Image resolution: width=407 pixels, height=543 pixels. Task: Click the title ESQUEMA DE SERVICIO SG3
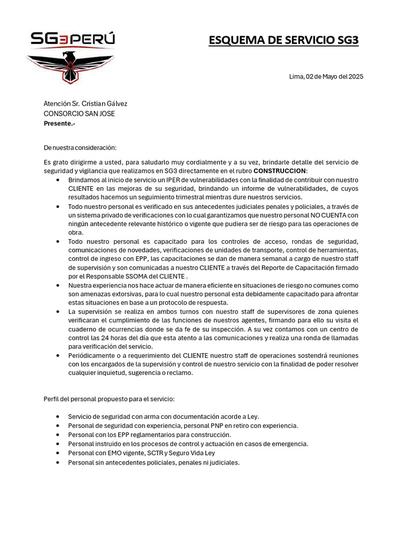pos(284,40)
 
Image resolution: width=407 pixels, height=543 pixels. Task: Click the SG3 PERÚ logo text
pos(73,39)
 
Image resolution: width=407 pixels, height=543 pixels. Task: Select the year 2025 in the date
pos(355,76)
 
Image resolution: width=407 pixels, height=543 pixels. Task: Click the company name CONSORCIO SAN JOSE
pos(79,113)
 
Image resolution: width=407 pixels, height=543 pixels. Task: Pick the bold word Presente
pos(58,123)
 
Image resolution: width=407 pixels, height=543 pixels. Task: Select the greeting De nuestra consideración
pos(79,147)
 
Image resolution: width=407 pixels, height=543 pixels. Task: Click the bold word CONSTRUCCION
pos(280,171)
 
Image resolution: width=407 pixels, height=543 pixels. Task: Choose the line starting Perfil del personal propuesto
pos(109,398)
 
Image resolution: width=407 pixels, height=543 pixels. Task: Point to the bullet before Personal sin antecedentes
pos(58,462)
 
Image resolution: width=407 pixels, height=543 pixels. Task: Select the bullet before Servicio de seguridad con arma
pos(58,417)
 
